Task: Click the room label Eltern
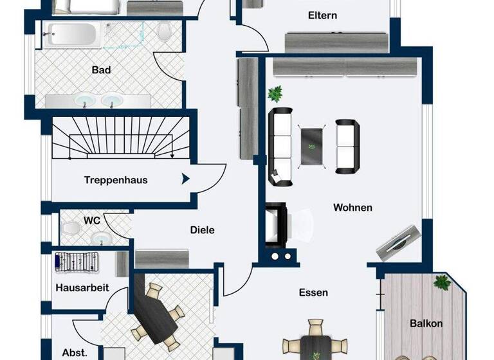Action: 322,15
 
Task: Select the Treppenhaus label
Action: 116,180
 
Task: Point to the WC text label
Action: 91,221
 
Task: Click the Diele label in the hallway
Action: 202,230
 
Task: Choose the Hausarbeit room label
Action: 82,287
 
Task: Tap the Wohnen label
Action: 352,208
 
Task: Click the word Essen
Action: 313,292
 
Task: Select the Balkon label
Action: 426,323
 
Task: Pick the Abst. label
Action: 75,353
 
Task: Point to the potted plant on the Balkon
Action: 442,282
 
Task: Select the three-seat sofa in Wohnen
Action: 280,147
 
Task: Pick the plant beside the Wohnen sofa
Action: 275,94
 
